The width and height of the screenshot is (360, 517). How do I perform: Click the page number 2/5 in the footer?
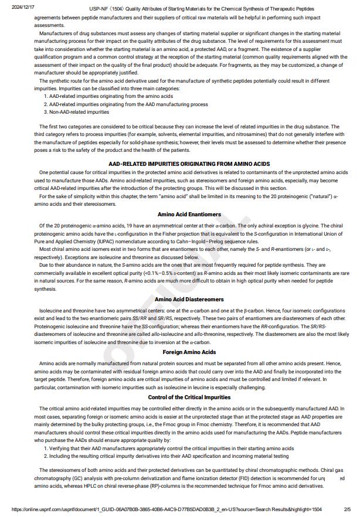tap(347, 509)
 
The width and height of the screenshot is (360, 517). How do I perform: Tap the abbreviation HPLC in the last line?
tap(101, 487)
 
